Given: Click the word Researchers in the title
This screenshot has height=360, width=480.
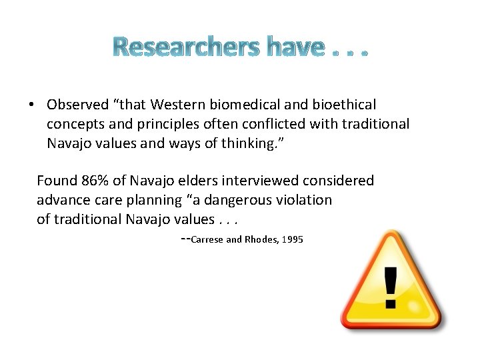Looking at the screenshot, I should [186, 47].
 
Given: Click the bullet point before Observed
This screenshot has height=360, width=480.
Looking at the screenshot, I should [31, 105].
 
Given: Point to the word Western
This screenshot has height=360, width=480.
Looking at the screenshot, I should [177, 105].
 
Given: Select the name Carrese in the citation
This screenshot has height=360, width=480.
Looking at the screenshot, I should [207, 239].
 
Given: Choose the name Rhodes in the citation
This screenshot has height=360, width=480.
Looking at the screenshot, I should [261, 239].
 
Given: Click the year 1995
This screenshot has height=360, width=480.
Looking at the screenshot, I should [293, 239].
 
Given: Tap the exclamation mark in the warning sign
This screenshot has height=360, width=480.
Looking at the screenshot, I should [391, 286].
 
